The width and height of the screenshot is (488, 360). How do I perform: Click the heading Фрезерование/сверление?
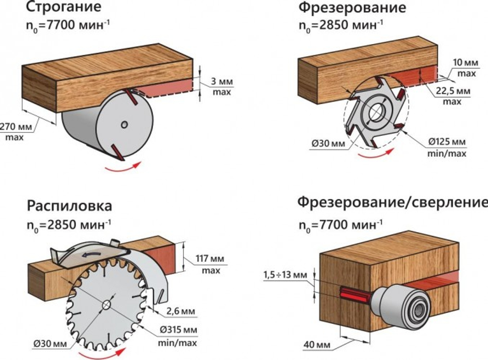point(392,202)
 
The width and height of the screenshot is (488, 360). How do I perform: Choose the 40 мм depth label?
point(313,345)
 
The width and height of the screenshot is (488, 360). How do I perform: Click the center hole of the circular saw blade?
point(106,305)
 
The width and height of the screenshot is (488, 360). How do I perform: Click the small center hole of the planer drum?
point(125,125)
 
